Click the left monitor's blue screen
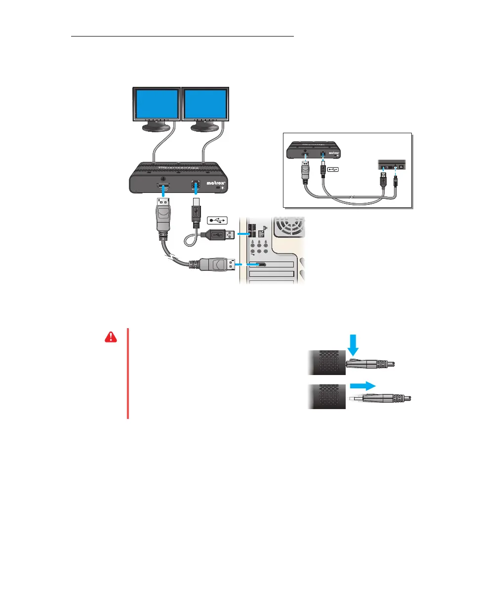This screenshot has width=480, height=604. (157, 104)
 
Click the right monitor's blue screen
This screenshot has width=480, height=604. (205, 104)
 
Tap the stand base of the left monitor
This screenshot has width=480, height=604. (157, 128)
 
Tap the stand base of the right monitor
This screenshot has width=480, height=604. (204, 128)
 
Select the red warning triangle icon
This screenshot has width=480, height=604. (112, 337)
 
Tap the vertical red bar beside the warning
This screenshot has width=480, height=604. (127, 374)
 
